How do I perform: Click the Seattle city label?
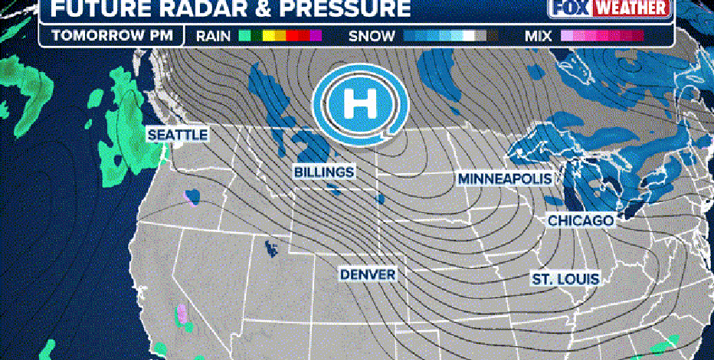click(177, 135)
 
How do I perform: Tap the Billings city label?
click(324, 172)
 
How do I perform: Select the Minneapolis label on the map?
click(505, 178)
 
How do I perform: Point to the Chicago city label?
click(581, 221)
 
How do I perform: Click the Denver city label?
click(368, 274)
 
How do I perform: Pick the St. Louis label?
click(565, 279)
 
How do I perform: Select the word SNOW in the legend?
click(372, 36)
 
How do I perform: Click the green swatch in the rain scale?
click(245, 36)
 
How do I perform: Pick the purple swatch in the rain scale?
click(316, 36)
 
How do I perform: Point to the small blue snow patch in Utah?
click(270, 248)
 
